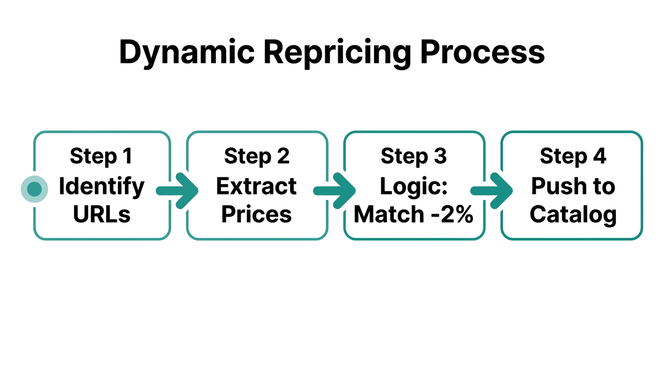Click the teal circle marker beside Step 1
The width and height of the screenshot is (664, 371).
pos(34,189)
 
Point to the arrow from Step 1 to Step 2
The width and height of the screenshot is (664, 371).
pos(178,191)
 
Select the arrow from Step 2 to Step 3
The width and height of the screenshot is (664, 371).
pos(335,191)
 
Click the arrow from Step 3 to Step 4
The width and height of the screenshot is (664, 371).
pos(492,191)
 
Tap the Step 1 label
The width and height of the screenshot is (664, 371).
pos(101,156)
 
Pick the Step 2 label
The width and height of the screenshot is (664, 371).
pos(257,156)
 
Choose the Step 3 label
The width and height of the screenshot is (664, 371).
pos(414,156)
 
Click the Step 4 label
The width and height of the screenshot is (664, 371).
pos(573,156)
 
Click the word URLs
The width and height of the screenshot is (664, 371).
pos(101,214)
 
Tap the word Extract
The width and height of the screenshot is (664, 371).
pos(256,186)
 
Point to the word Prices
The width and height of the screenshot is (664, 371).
pos(256,214)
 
